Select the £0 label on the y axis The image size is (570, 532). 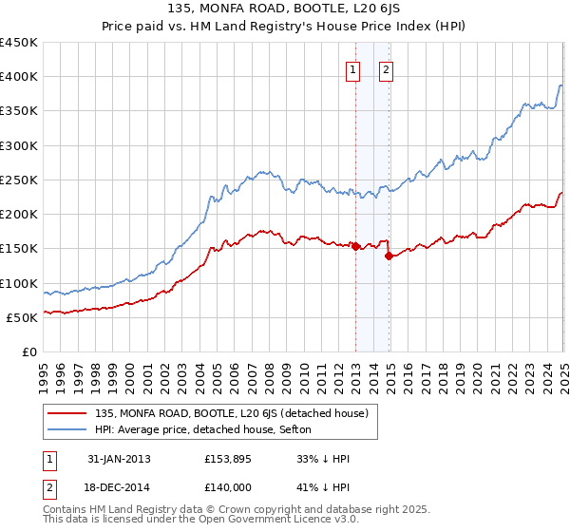pyautogui.click(x=29, y=351)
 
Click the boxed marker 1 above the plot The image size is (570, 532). pyautogui.click(x=352, y=68)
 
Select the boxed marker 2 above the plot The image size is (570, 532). pyautogui.click(x=388, y=68)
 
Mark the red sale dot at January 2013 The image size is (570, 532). pyautogui.click(x=356, y=246)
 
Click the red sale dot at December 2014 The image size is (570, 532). pyautogui.click(x=389, y=256)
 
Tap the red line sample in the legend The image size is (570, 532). pyautogui.click(x=67, y=412)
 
